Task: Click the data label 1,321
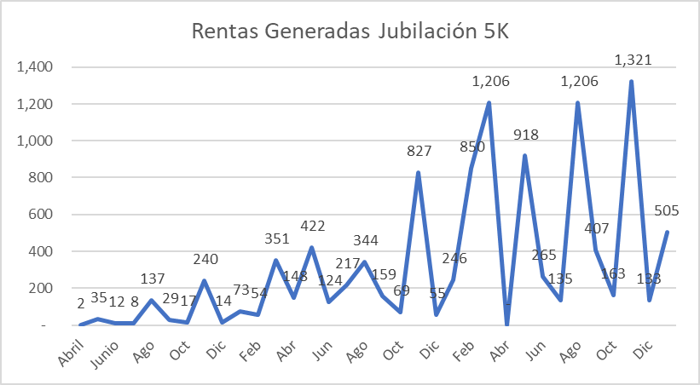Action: (x=631, y=60)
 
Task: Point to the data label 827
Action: (x=419, y=151)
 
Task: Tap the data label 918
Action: (x=526, y=135)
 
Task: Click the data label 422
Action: (x=312, y=227)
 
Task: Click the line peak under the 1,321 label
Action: (x=631, y=82)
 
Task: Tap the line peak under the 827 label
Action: (x=419, y=173)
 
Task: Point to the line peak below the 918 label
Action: (x=525, y=156)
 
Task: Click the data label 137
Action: (x=151, y=279)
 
